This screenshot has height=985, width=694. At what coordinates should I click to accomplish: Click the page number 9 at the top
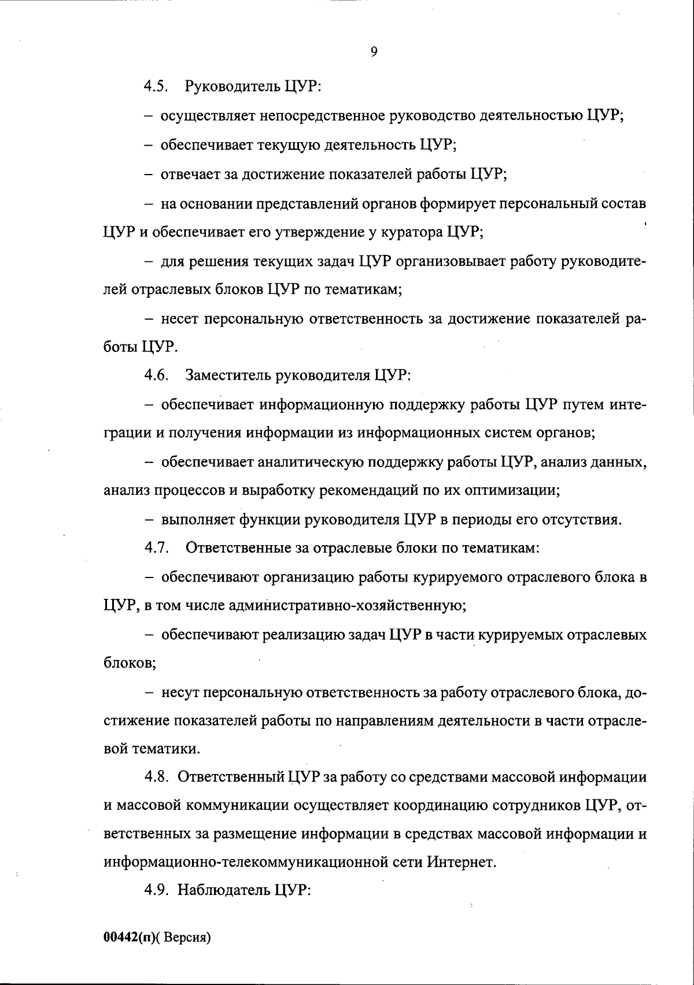click(374, 53)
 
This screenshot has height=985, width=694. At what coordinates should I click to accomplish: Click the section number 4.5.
click(156, 87)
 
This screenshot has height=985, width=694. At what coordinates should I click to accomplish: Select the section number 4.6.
click(156, 375)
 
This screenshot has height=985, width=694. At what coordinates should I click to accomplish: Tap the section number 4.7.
click(156, 547)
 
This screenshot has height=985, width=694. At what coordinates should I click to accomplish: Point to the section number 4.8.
click(156, 777)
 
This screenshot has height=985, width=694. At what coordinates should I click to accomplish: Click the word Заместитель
click(229, 375)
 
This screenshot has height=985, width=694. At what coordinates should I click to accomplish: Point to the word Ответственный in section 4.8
click(231, 777)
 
